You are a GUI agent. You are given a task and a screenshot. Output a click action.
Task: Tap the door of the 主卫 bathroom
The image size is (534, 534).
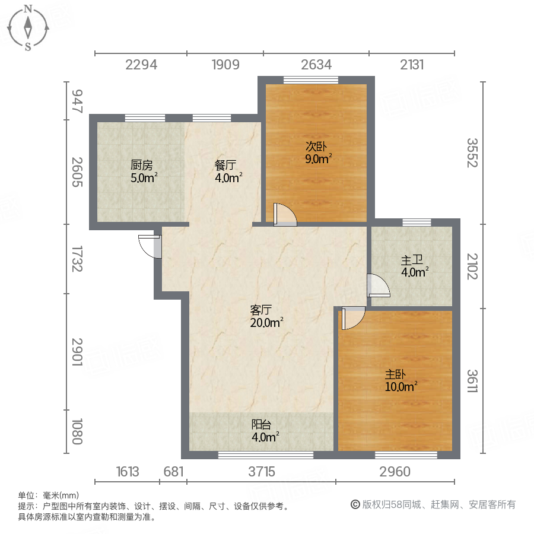(x=377, y=286)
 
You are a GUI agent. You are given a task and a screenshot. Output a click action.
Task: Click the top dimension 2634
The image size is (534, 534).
(x=316, y=65)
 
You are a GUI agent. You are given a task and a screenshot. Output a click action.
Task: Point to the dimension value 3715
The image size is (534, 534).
(x=262, y=472)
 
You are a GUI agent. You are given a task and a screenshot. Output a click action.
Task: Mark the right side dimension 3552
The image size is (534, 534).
(x=472, y=152)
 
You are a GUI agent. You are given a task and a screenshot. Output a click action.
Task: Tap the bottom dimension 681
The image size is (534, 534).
(x=172, y=472)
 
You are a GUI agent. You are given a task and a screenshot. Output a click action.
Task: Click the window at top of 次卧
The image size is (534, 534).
(x=310, y=80)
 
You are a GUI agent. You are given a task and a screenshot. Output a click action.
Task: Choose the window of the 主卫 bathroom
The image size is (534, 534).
(x=417, y=223)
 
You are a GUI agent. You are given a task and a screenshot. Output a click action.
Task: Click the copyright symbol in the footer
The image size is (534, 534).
(x=355, y=505)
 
